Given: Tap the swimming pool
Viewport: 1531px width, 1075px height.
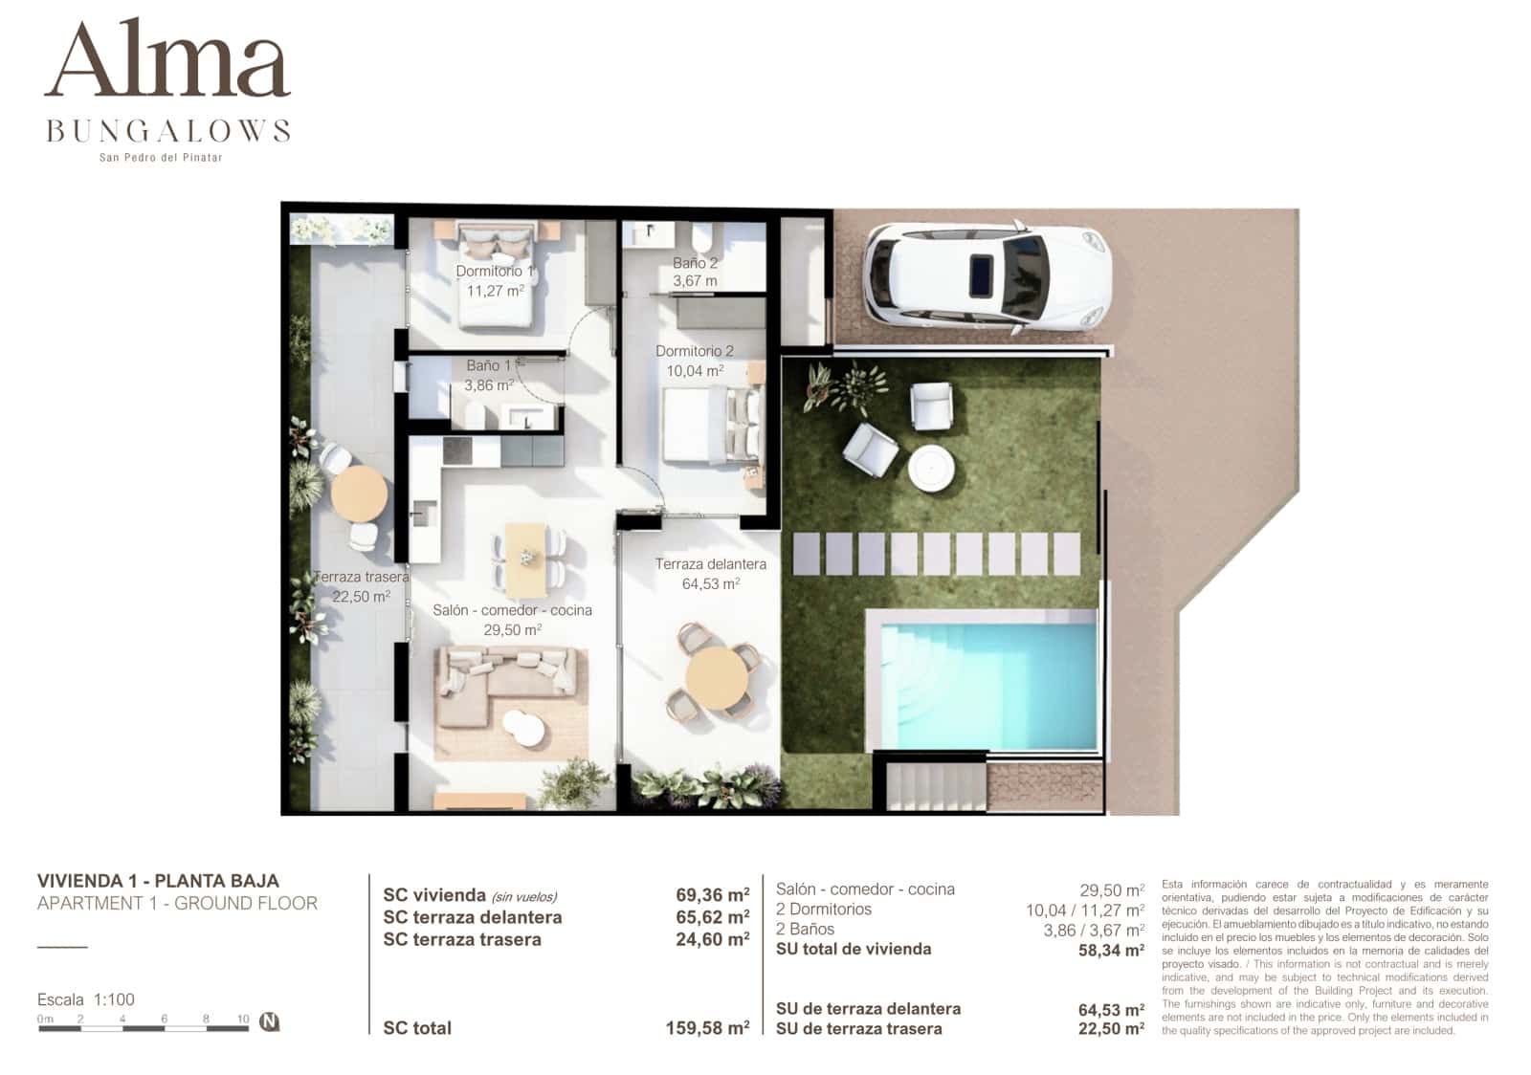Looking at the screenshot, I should point(982,679).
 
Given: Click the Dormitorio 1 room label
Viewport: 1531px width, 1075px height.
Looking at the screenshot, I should point(495,272).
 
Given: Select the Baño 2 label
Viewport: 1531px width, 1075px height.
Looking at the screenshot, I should point(695,263).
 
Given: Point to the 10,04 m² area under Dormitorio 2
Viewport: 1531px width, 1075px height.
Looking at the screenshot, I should point(695,370).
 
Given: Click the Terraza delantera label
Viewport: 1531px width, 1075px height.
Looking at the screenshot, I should point(710,564).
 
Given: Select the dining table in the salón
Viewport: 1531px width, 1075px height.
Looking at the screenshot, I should point(526,560).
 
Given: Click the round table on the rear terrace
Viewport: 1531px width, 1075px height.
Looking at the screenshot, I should point(359,494).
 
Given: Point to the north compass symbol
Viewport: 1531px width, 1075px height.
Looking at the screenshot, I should point(270,1022).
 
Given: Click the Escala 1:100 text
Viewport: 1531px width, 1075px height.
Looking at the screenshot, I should point(86,999).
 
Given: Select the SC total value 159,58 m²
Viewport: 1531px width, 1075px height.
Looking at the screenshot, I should point(707,1028).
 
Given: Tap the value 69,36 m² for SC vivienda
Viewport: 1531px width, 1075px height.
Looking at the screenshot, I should point(712,895).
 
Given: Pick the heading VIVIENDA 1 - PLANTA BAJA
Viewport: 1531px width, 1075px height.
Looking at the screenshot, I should point(158,881).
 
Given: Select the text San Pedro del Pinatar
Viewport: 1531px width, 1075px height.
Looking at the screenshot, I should point(161,158).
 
